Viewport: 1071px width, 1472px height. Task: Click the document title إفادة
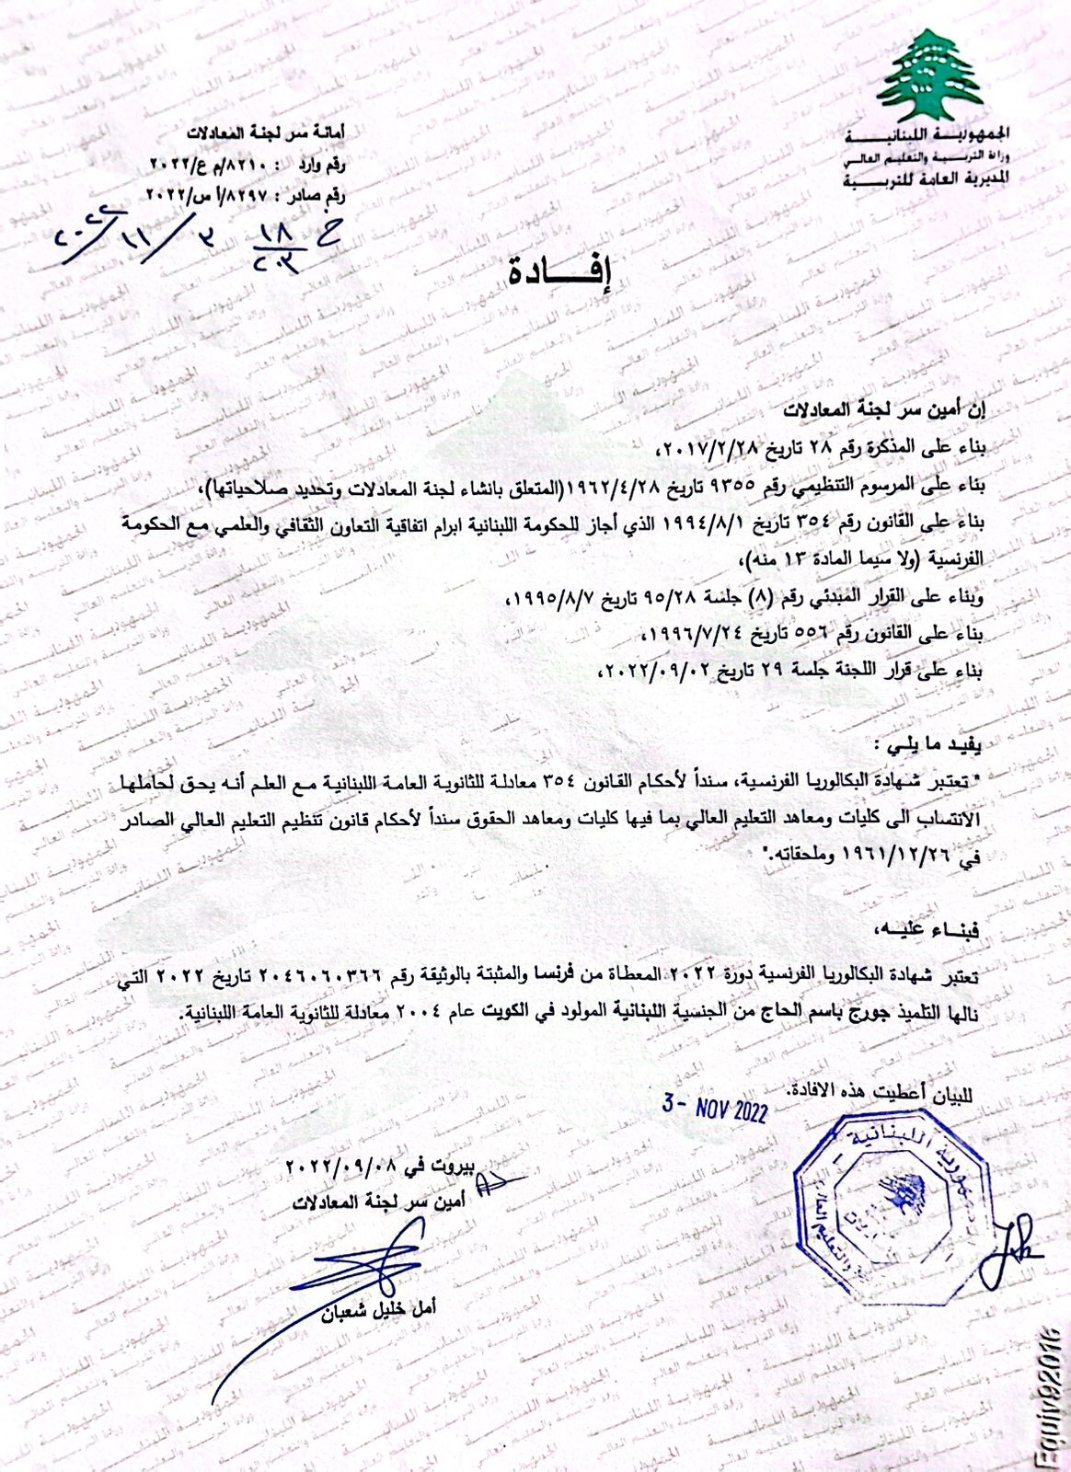point(559,271)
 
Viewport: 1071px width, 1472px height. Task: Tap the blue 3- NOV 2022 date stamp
point(715,1108)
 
